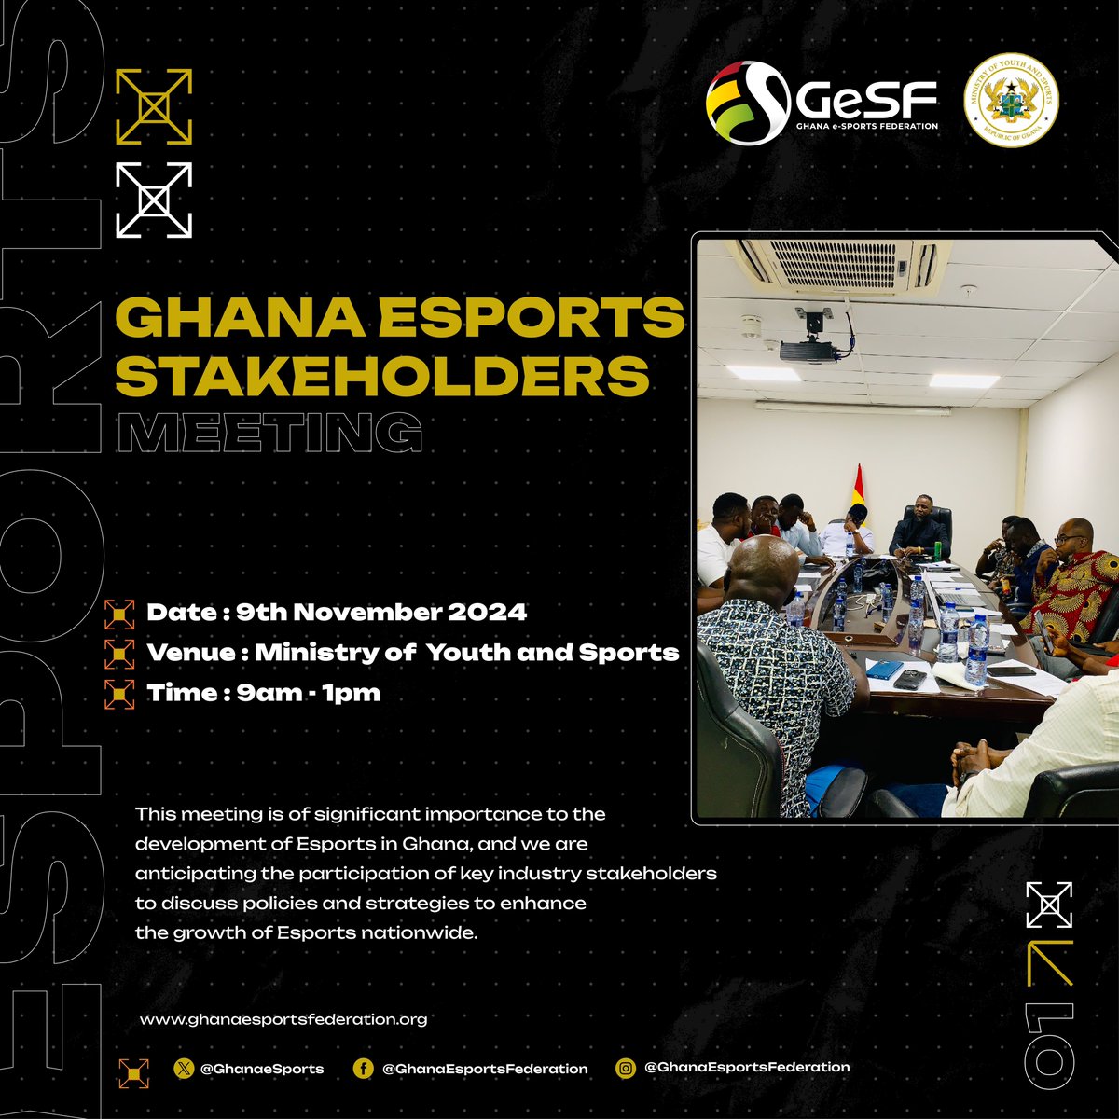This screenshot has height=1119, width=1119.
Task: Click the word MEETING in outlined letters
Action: click(274, 432)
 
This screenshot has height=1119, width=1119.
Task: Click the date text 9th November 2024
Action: click(380, 613)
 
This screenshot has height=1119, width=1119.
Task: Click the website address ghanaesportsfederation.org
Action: click(283, 1019)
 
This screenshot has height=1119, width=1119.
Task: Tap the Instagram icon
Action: click(627, 1068)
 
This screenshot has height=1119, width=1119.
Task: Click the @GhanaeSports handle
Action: click(262, 1069)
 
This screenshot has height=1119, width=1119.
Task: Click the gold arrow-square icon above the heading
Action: click(154, 106)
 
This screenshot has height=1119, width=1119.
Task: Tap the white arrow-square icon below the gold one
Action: click(154, 200)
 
